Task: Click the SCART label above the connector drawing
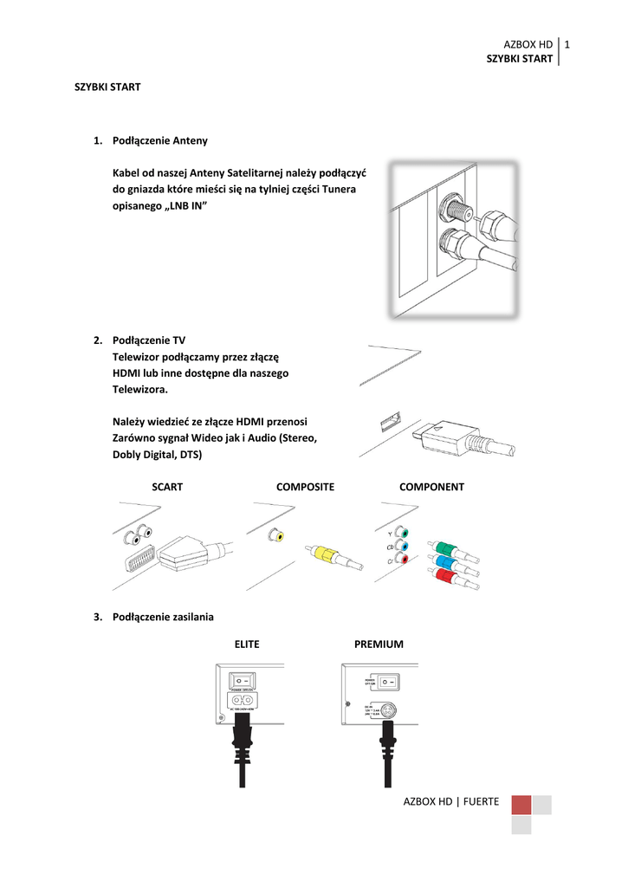point(167,487)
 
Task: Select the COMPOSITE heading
point(305,487)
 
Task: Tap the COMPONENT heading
point(431,487)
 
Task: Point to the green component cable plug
point(443,548)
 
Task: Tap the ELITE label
point(247,644)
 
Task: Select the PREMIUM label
point(379,644)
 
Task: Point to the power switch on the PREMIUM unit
point(386,684)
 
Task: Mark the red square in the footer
point(521,806)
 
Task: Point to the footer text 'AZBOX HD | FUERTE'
point(451,802)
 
